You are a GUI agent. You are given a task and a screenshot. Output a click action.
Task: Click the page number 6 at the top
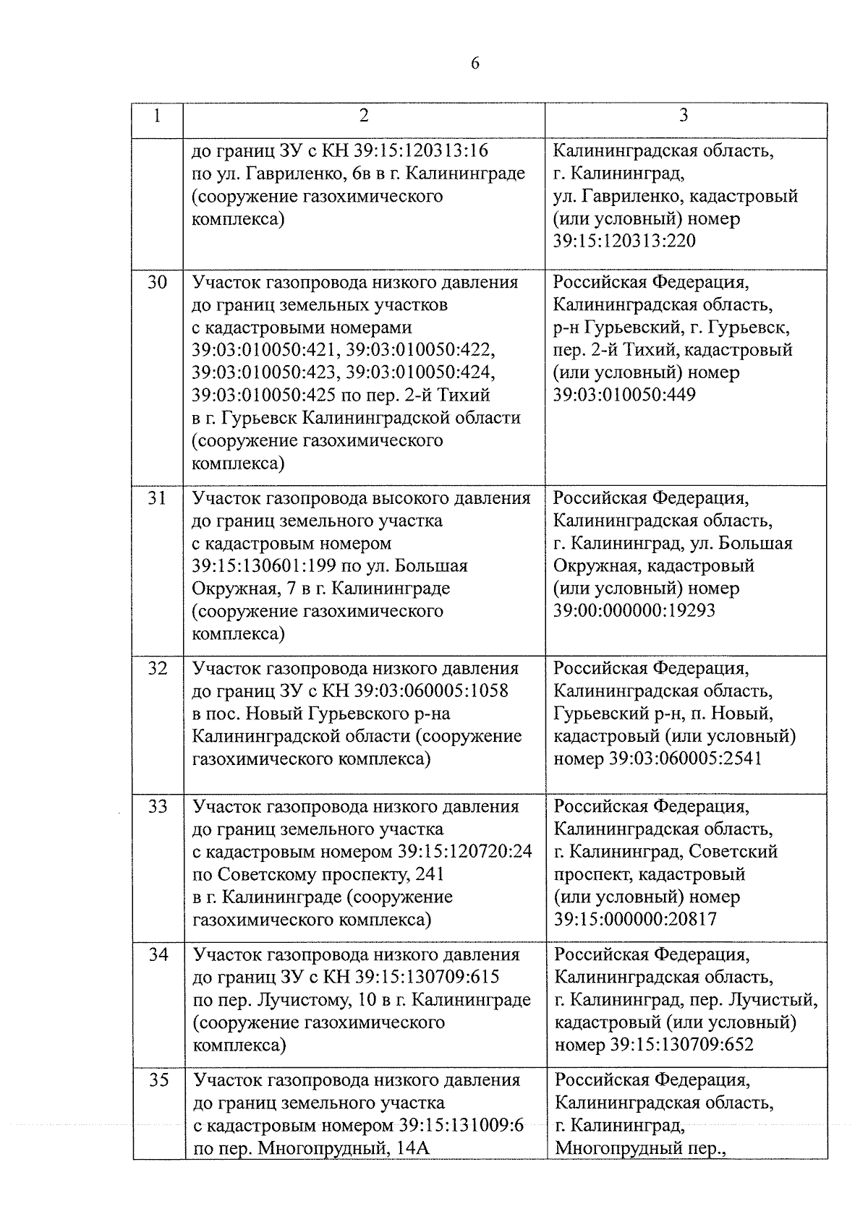[x=475, y=64]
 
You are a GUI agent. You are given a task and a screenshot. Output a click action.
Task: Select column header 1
[x=158, y=116]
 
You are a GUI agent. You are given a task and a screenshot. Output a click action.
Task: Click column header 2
[x=364, y=116]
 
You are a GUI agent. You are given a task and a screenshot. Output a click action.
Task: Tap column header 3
[x=684, y=116]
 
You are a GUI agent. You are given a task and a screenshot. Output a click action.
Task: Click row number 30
[x=158, y=282]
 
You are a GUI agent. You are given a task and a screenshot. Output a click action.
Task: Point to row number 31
[x=158, y=498]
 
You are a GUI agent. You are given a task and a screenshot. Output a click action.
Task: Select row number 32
[x=158, y=669]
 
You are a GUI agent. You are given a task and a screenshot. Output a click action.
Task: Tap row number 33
[x=158, y=807]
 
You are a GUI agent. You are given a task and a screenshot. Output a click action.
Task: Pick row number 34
[x=158, y=955]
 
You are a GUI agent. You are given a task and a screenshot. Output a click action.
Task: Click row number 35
[x=158, y=1080]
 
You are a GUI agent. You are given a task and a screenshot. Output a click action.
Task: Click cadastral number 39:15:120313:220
[x=624, y=241]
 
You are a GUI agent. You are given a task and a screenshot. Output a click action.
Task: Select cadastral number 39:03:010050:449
[x=624, y=396]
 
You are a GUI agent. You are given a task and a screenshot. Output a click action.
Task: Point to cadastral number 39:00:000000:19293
[x=634, y=610]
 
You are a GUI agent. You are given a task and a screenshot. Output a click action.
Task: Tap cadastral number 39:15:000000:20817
[x=634, y=920]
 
